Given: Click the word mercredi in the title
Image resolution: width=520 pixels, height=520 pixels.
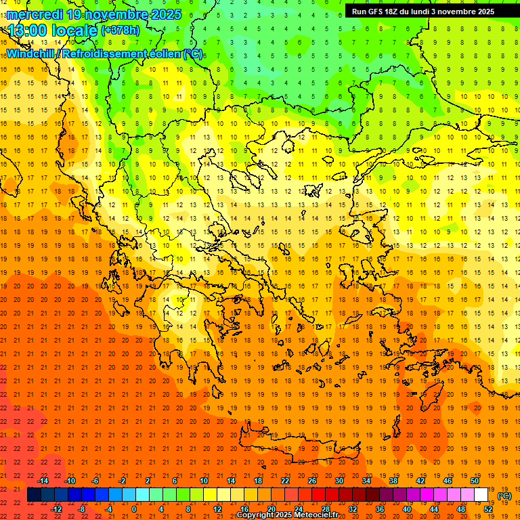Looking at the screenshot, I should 35,14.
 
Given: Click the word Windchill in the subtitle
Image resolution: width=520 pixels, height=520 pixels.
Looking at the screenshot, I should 30,53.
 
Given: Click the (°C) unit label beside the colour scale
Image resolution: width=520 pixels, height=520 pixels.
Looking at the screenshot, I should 504,496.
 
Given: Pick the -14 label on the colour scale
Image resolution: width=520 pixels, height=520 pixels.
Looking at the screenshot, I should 43,481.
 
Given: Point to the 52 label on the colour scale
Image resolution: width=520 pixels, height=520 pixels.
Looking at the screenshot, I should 488,509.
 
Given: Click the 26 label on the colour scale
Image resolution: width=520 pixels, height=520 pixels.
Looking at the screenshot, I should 312,481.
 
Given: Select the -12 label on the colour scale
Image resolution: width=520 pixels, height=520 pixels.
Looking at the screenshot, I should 57,509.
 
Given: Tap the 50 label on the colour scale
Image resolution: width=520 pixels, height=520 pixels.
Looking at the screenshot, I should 475,481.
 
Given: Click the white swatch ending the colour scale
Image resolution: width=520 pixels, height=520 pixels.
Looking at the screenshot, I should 481,495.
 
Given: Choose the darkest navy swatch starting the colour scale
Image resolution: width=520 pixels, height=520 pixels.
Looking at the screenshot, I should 34,495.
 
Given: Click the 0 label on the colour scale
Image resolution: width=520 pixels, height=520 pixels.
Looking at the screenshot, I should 134,509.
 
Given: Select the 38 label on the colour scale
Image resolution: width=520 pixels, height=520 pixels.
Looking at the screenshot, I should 393,481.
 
